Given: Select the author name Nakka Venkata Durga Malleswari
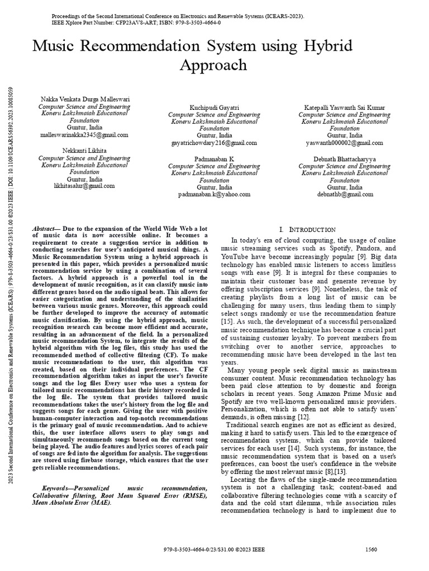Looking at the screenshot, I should (x=84, y=99).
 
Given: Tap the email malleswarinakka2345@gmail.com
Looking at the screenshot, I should (x=84, y=135).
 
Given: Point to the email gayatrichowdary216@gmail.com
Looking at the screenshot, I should (x=214, y=143).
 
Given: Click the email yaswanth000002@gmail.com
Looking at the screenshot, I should (x=345, y=143).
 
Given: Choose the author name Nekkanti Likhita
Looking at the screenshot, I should (x=84, y=151).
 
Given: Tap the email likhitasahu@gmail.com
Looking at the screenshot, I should (x=84, y=186).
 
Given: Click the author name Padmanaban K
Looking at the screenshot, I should (x=214, y=159).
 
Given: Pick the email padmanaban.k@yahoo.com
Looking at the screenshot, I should (x=214, y=195).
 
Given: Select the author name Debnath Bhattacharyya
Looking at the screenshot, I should (x=345, y=159).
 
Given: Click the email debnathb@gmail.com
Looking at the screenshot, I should (x=345, y=195).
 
